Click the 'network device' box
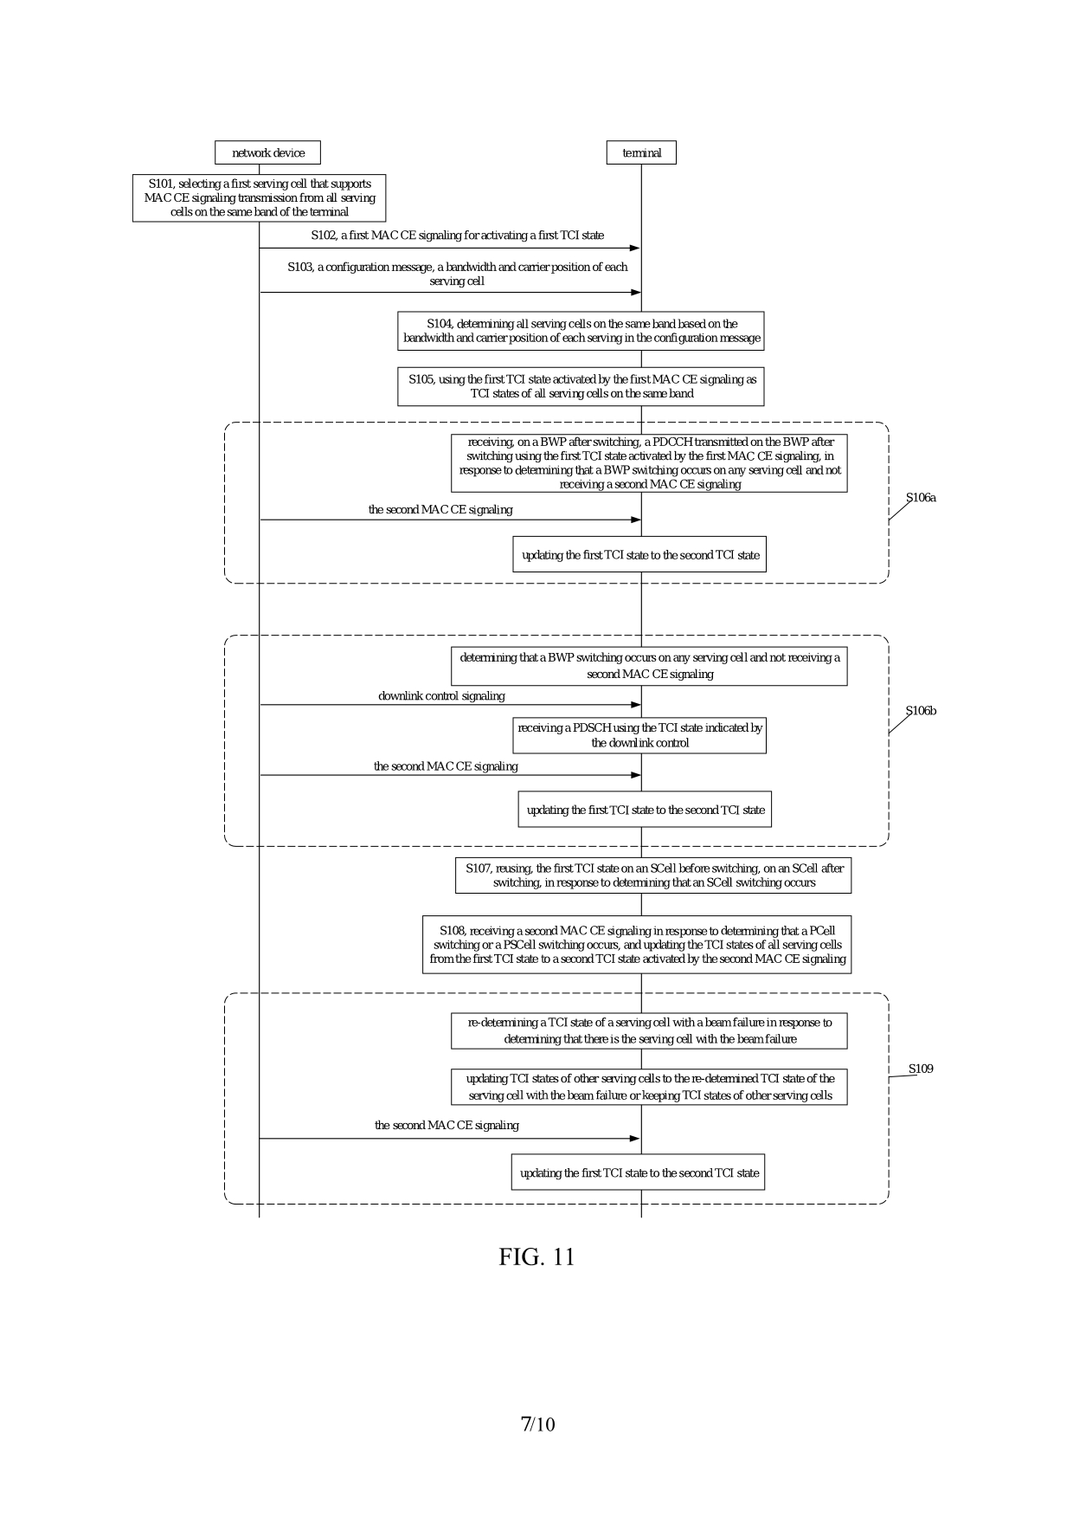tap(267, 153)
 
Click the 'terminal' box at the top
tap(641, 153)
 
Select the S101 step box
tap(259, 198)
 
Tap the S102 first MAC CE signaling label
tap(457, 236)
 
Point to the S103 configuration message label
tap(457, 274)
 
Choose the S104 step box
tap(581, 331)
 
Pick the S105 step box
tap(581, 386)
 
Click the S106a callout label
tap(921, 498)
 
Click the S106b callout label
tap(921, 711)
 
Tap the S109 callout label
tap(921, 1069)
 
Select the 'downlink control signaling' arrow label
tap(441, 696)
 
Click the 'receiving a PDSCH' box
tap(639, 735)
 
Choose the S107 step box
tap(653, 875)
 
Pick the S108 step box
tap(637, 945)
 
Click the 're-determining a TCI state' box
tap(649, 1030)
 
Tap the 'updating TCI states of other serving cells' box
tap(649, 1087)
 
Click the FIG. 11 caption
tap(536, 1256)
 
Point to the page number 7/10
tap(537, 1424)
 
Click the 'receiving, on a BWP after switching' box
tap(649, 463)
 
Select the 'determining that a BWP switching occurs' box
tap(649, 666)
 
